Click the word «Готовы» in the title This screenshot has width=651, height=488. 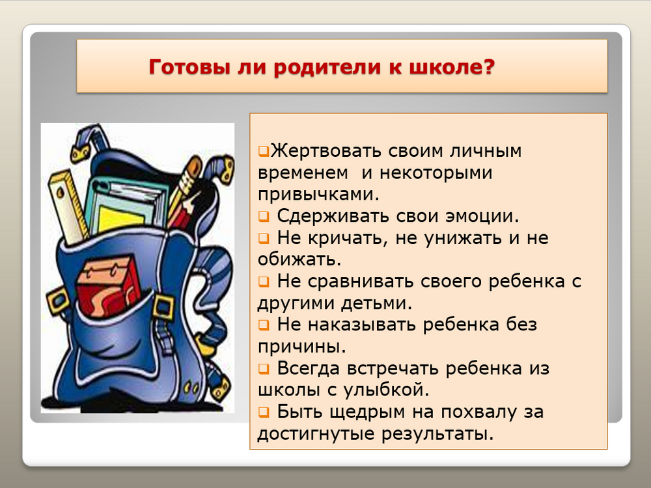pos(189,67)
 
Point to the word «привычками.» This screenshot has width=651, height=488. pos(318,195)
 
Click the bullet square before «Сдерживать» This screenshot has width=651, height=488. pos(264,217)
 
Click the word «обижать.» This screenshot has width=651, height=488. pos(299,260)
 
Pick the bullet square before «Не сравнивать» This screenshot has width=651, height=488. pos(264,282)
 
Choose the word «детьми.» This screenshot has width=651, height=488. pos(376,303)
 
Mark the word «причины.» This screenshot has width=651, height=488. pos(302,347)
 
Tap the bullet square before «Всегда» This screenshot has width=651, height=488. pos(264,369)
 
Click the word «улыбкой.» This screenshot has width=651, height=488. pos(386,390)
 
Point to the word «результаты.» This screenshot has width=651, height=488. pos(437,434)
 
